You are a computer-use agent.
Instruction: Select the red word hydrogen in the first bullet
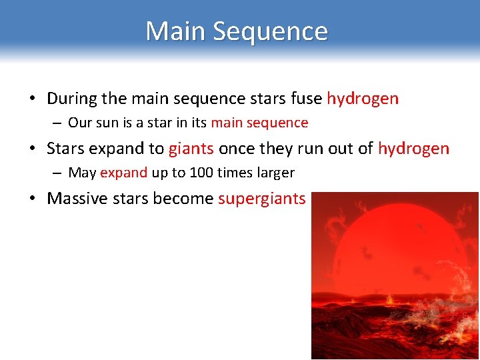click(x=363, y=99)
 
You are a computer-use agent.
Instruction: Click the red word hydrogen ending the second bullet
click(x=413, y=149)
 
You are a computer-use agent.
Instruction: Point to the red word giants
click(x=191, y=149)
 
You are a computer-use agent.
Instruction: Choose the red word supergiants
click(x=261, y=199)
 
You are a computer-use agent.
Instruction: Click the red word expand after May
click(x=123, y=173)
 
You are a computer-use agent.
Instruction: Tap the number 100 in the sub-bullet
click(x=201, y=173)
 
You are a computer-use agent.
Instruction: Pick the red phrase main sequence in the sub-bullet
click(x=259, y=123)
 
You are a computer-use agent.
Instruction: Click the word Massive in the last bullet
click(x=73, y=199)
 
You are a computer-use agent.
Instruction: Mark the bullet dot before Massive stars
click(x=33, y=199)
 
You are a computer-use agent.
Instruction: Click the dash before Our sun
click(x=58, y=123)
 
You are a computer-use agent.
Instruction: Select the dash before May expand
click(x=58, y=173)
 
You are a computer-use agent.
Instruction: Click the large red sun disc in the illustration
click(x=393, y=253)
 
